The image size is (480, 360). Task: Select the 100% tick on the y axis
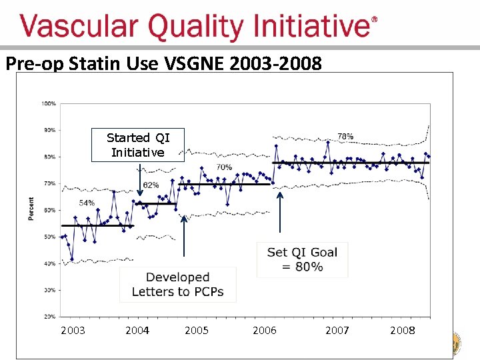tap(49, 103)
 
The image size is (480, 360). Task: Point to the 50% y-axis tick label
tap(49, 237)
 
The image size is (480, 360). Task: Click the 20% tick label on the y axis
tap(49, 316)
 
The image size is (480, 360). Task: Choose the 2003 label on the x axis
tap(73, 330)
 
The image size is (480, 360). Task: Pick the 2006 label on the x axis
tap(264, 330)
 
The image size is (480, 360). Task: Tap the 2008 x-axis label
tap(402, 330)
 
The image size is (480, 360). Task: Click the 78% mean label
tap(345, 136)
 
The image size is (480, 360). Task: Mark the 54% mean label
tap(87, 203)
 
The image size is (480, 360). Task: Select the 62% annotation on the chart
tap(151, 185)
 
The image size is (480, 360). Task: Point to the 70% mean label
tap(224, 167)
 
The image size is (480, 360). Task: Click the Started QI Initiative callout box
tap(138, 145)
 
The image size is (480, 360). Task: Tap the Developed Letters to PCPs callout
tap(177, 285)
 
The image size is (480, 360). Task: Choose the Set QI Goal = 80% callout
tap(302, 259)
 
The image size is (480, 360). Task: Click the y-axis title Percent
tap(31, 209)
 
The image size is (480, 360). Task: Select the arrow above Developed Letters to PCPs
tap(183, 240)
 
